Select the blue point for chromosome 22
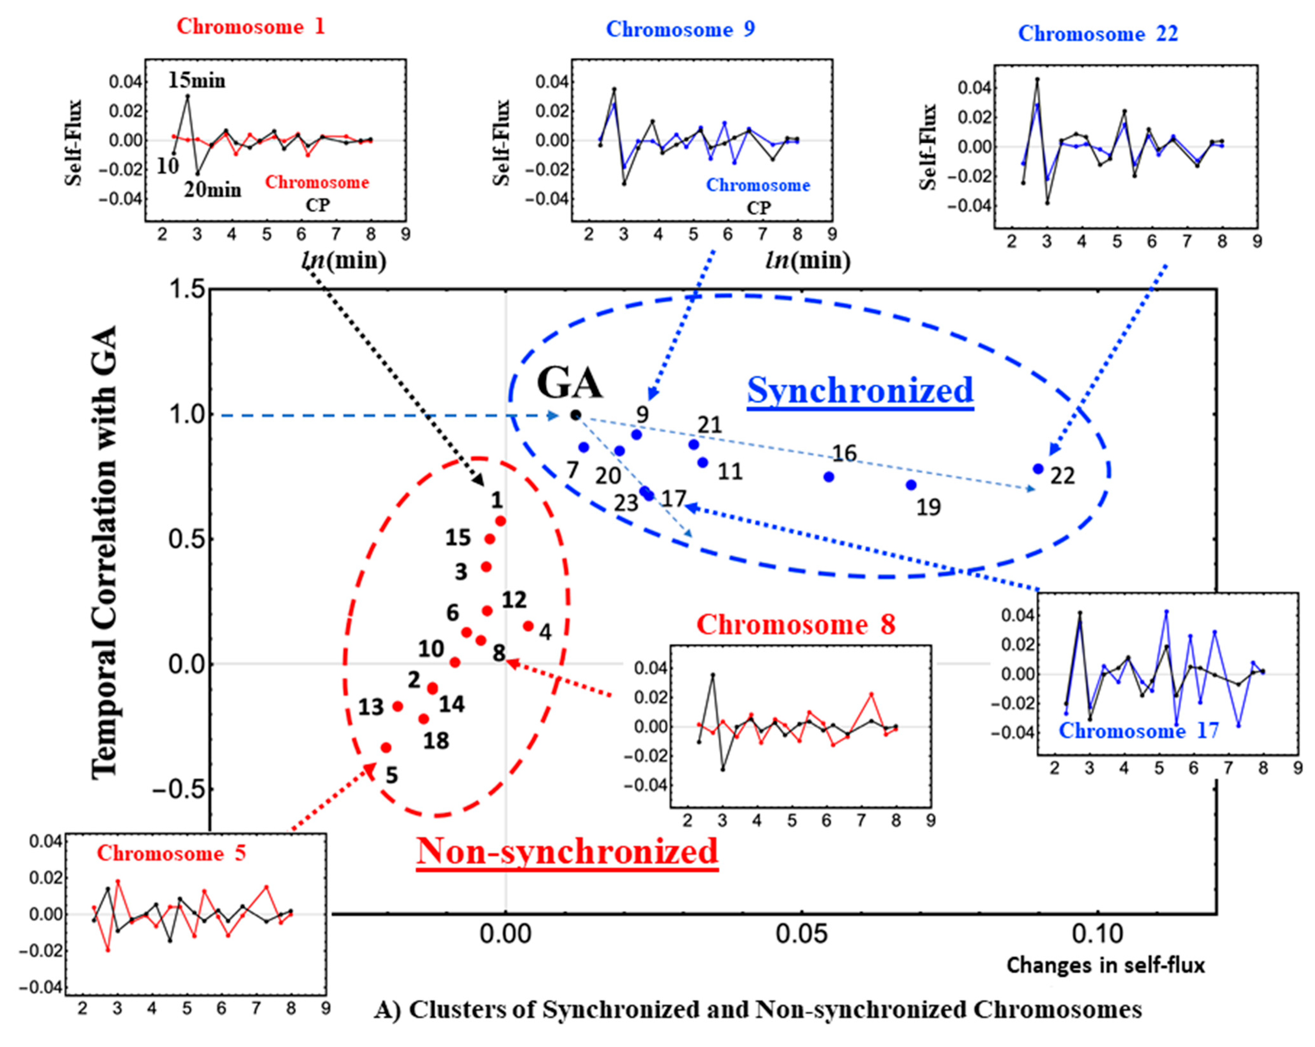tap(1038, 469)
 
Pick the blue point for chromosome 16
tap(829, 477)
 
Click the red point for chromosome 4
tap(528, 625)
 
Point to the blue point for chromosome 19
tap(911, 485)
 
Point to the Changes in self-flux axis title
tap(1105, 965)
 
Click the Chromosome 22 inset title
tap(1098, 34)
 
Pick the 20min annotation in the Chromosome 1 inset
tap(212, 190)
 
